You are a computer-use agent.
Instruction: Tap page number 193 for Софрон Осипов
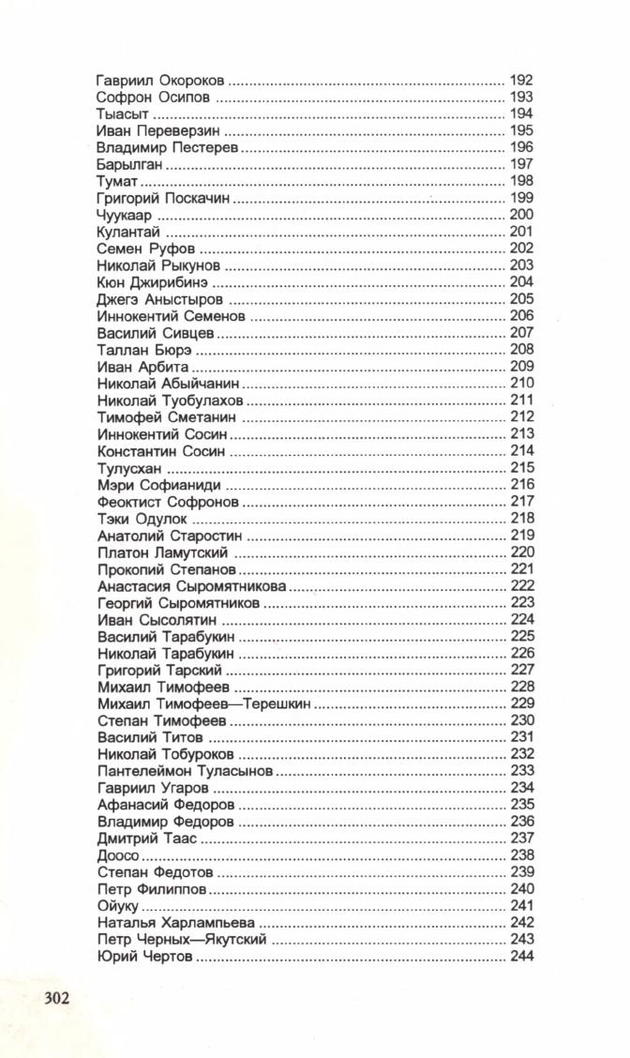click(x=521, y=98)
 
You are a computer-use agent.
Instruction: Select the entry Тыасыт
click(x=118, y=114)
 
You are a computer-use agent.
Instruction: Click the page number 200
click(x=521, y=215)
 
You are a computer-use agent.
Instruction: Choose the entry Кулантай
click(x=128, y=232)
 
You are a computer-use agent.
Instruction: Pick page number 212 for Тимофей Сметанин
click(x=521, y=416)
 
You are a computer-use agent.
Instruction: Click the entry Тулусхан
click(x=130, y=467)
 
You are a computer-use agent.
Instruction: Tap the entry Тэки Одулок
click(x=142, y=518)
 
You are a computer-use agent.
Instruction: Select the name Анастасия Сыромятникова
click(x=191, y=585)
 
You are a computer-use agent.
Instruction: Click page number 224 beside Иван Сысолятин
click(x=521, y=619)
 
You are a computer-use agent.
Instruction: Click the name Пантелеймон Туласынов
click(x=185, y=770)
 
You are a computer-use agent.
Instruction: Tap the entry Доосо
click(x=118, y=854)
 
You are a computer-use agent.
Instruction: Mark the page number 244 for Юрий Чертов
click(x=521, y=956)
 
